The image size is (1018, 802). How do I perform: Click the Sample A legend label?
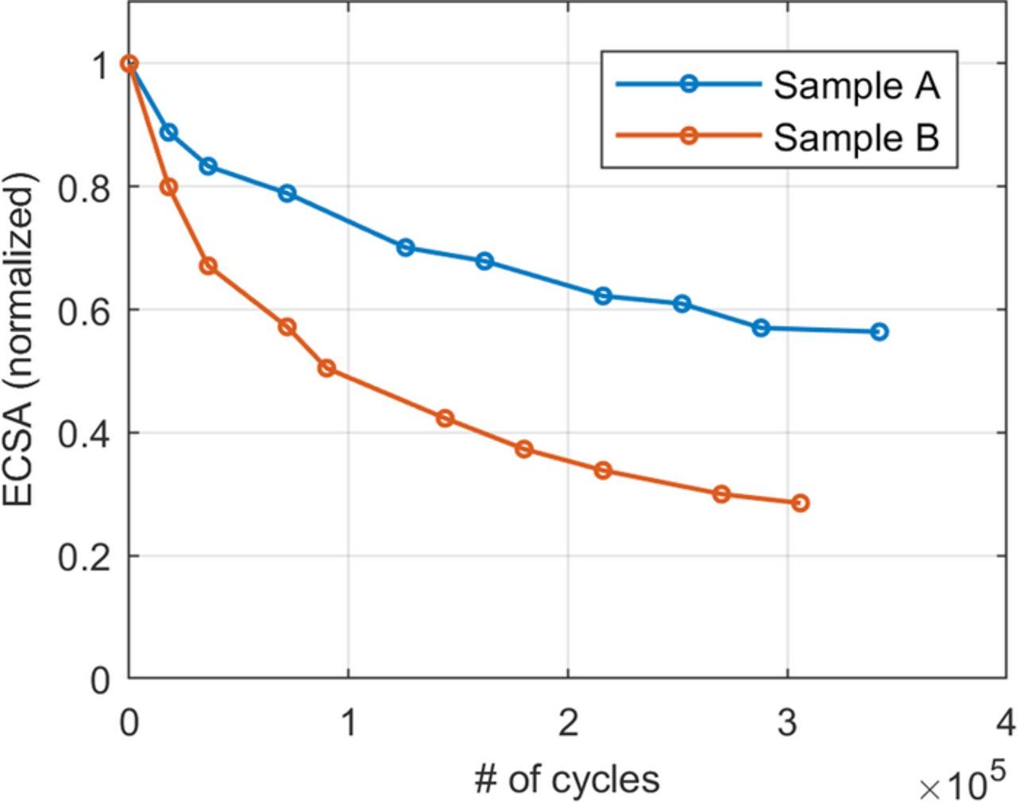click(x=857, y=84)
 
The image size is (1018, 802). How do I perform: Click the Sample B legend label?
click(x=857, y=137)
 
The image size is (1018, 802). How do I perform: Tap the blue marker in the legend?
click(x=689, y=84)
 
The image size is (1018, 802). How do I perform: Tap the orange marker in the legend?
click(x=689, y=136)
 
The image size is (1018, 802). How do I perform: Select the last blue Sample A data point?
click(x=879, y=332)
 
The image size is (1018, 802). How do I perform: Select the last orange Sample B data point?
click(x=800, y=503)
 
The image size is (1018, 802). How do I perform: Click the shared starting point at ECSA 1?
click(x=130, y=64)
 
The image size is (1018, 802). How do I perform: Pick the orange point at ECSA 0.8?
click(x=169, y=187)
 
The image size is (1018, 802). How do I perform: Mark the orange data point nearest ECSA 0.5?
click(x=326, y=368)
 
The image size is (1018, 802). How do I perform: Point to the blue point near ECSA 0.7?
click(x=406, y=247)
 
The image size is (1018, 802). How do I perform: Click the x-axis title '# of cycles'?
click(x=567, y=778)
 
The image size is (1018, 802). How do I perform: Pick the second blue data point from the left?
click(x=169, y=132)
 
